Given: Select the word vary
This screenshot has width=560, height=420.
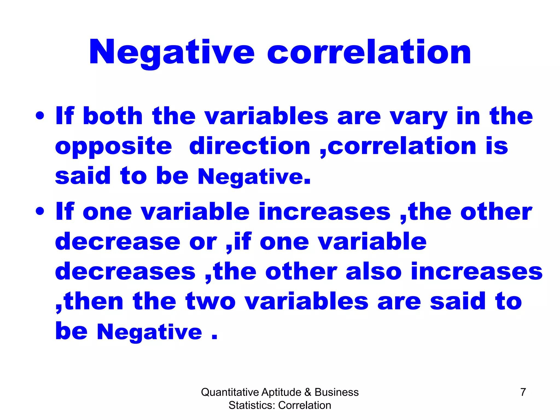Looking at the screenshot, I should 419,117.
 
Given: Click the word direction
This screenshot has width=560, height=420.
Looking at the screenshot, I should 250,146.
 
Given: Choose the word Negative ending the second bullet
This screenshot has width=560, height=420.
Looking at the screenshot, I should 150,332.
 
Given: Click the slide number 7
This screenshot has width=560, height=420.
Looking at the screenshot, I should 523,392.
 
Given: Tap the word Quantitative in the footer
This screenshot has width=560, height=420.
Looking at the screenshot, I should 230,392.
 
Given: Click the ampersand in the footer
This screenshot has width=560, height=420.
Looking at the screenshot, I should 308,392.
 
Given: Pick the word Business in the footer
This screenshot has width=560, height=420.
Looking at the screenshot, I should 336,392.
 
